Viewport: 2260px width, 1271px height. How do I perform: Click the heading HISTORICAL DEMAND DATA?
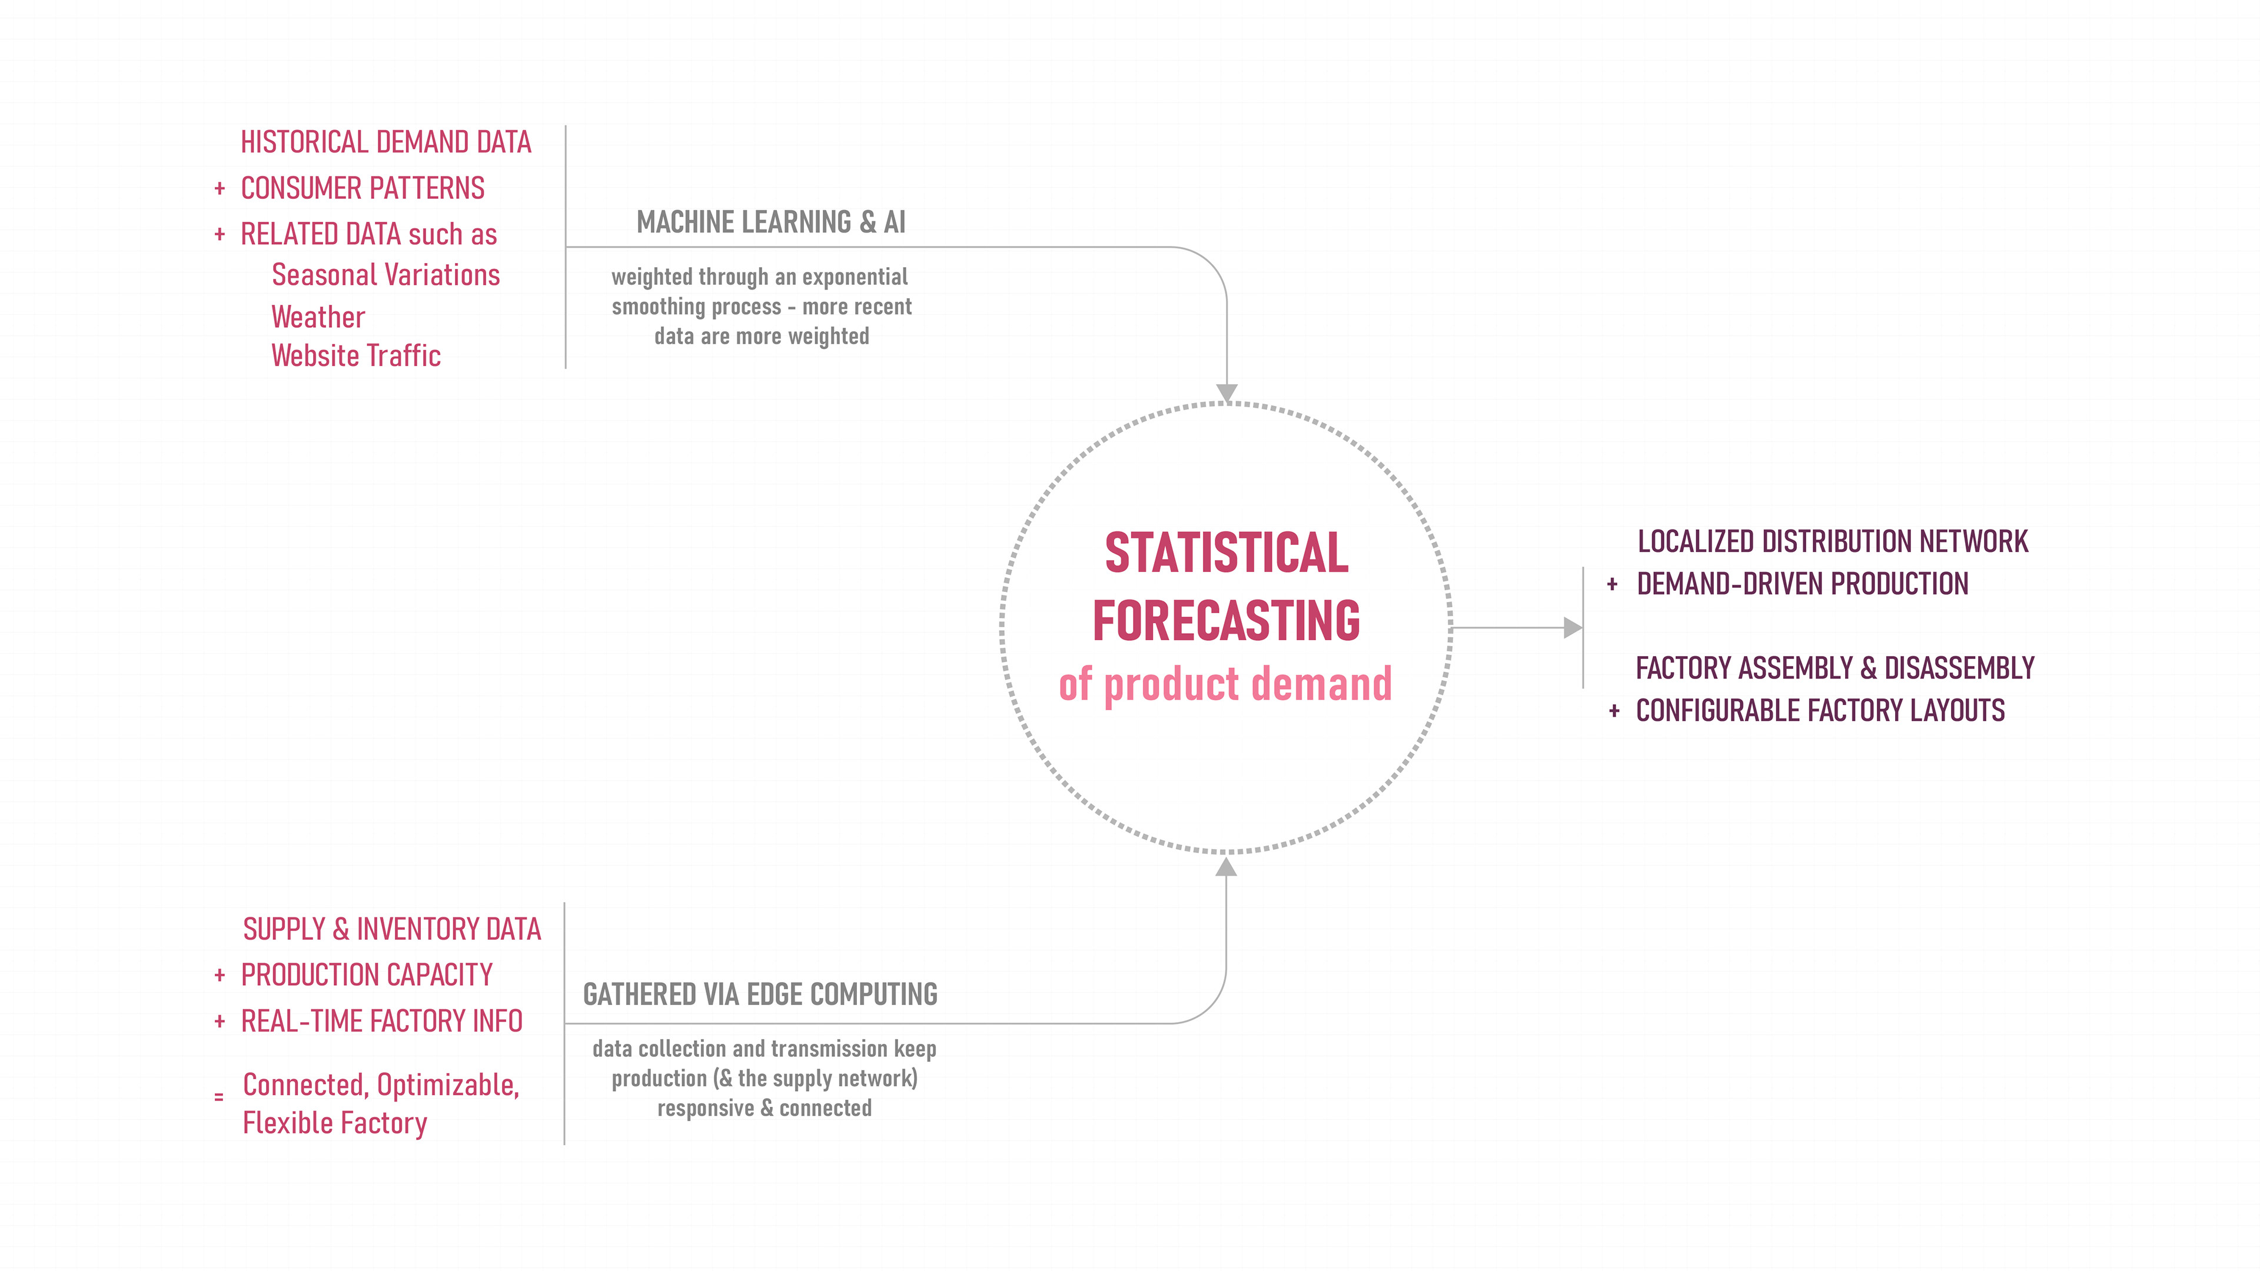tap(386, 142)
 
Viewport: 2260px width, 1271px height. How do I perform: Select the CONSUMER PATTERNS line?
tap(363, 188)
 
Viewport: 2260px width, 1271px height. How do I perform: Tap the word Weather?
tap(318, 317)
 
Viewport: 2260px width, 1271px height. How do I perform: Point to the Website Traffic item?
tap(355, 355)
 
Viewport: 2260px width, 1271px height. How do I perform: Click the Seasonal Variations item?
tap(385, 275)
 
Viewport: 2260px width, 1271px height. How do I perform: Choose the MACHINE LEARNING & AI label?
tap(771, 222)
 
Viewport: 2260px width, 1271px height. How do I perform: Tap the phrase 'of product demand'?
tap(1225, 684)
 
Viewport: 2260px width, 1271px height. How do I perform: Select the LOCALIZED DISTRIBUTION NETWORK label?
tap(1833, 541)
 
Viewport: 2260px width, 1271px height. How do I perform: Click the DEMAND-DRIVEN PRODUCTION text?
tap(1803, 583)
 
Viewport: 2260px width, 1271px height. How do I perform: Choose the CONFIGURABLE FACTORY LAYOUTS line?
tap(1820, 710)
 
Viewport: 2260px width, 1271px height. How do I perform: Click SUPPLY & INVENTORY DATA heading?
tap(392, 929)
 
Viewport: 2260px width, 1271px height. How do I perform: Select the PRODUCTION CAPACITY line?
tap(367, 974)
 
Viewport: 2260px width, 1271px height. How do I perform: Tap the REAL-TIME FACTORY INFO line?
tap(381, 1021)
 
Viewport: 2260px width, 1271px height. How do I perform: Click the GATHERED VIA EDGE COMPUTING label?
tap(760, 994)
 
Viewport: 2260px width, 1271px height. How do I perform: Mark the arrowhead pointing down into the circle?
tap(1227, 393)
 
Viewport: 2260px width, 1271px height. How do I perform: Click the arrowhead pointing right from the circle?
tap(1573, 628)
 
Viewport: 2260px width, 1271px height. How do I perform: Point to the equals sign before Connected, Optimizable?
tap(218, 1096)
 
